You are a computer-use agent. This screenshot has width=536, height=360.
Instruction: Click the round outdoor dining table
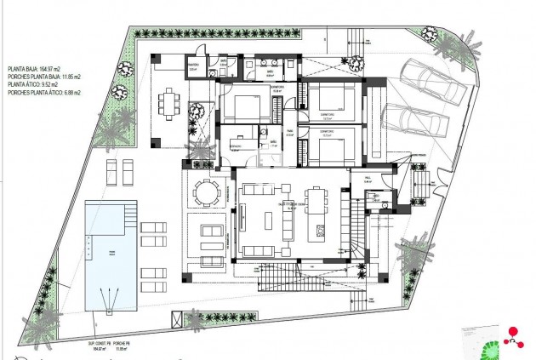tap(205, 191)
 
